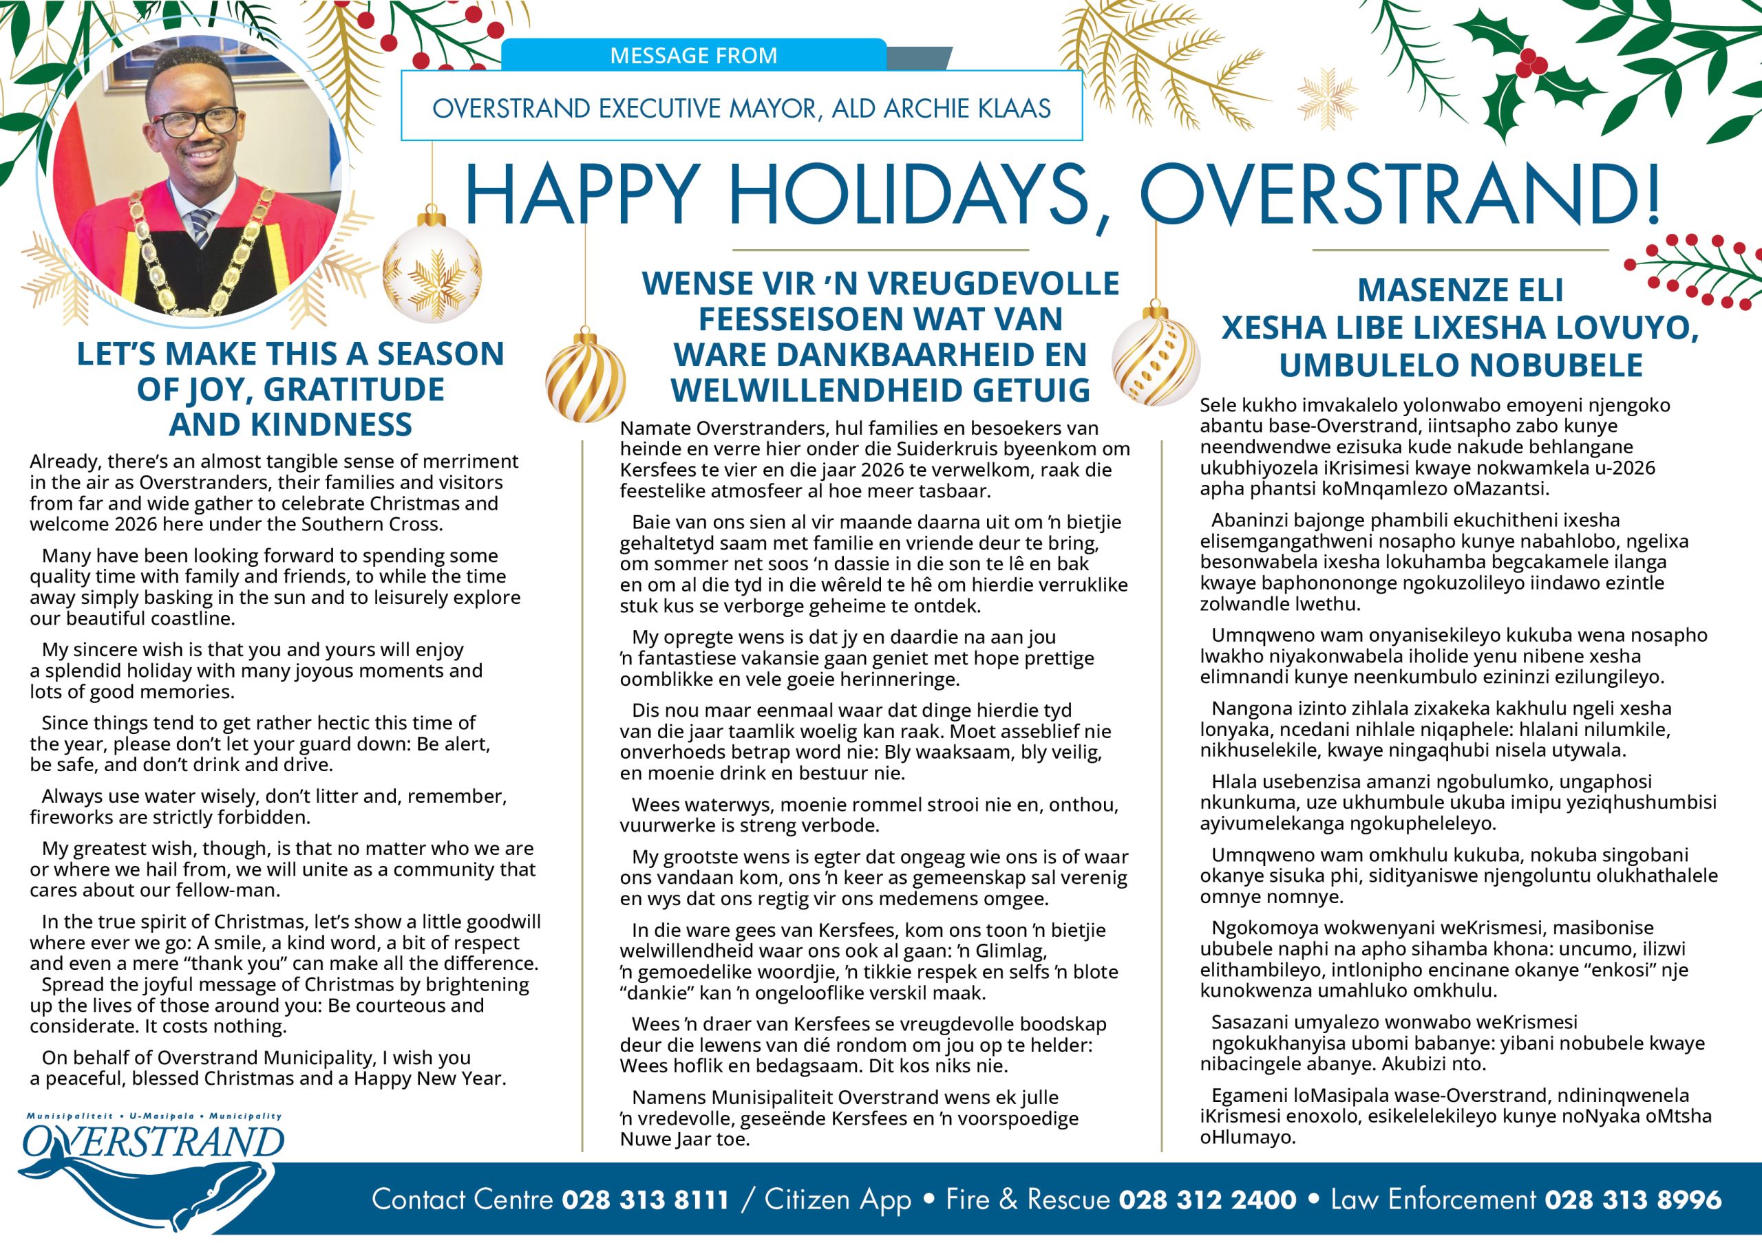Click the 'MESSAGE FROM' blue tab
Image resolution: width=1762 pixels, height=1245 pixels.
point(693,55)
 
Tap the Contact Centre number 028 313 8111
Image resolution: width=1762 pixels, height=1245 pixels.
point(645,1200)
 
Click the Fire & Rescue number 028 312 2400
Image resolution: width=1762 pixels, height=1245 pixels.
point(1207,1200)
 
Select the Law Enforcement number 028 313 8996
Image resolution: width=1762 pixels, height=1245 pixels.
point(1633,1200)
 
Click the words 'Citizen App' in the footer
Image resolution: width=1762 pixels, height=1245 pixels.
point(838,1200)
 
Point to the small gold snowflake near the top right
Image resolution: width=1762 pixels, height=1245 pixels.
point(1326,98)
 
